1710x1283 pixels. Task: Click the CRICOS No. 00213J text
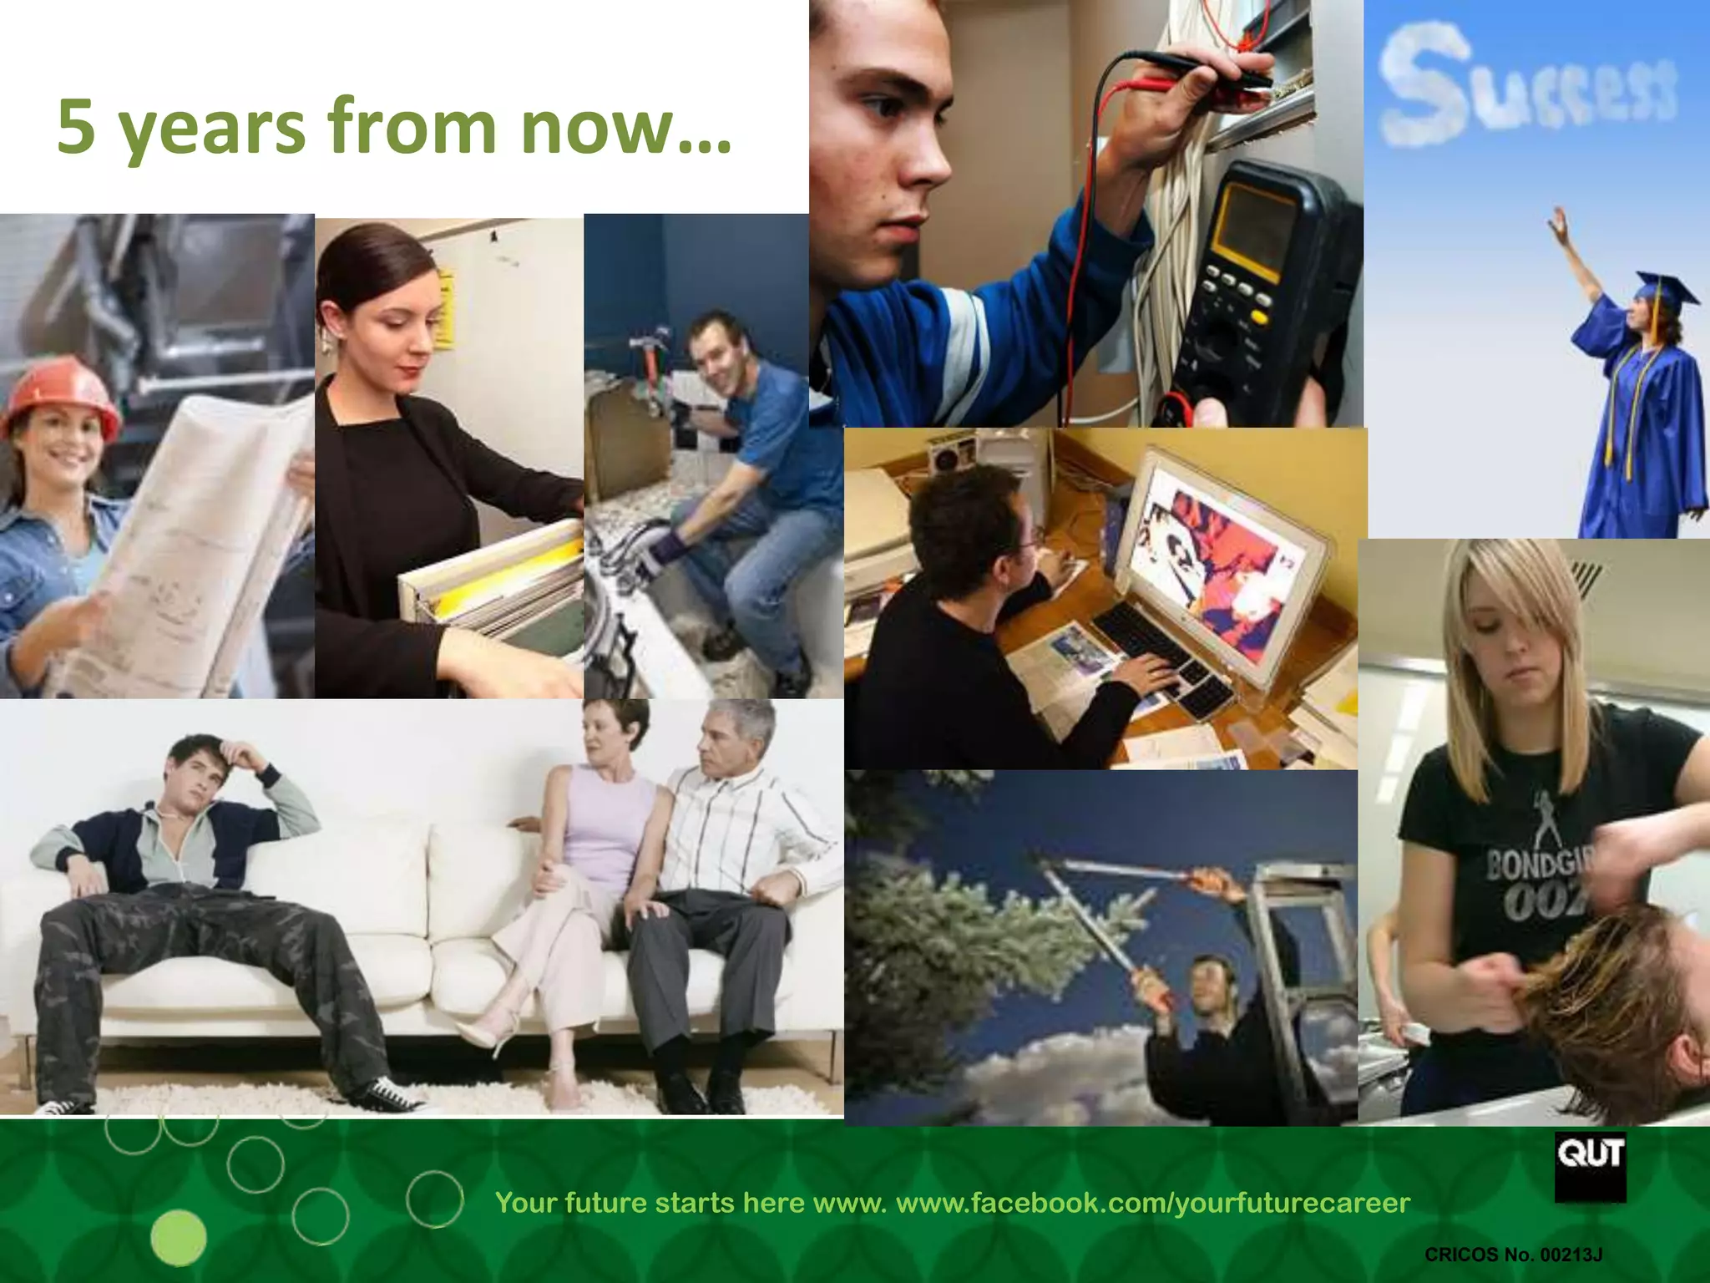click(x=1513, y=1254)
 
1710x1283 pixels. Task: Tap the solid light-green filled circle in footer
click(x=179, y=1237)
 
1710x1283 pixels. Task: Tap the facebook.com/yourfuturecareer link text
click(x=1152, y=1203)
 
